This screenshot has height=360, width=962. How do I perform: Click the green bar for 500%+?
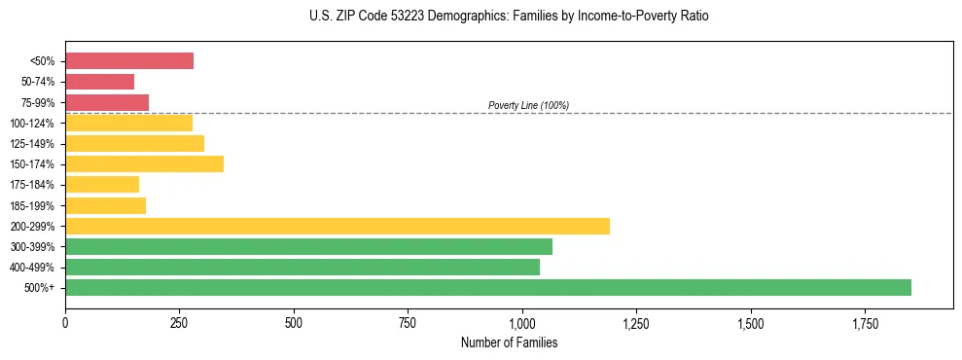[488, 287]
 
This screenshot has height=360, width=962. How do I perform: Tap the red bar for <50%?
[129, 60]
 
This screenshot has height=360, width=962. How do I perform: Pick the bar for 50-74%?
[99, 82]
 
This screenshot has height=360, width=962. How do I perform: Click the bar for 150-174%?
[144, 163]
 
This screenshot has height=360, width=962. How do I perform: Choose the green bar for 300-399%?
[308, 246]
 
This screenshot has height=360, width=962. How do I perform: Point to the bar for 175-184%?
[102, 184]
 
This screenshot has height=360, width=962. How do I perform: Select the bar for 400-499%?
[303, 267]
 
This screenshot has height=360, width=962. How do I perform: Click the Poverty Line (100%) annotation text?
[528, 105]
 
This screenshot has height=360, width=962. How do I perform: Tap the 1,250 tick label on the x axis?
[636, 322]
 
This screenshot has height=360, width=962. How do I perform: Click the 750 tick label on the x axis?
[408, 322]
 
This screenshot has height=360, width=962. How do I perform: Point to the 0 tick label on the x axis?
[65, 322]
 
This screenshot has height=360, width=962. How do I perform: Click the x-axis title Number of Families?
[509, 342]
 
